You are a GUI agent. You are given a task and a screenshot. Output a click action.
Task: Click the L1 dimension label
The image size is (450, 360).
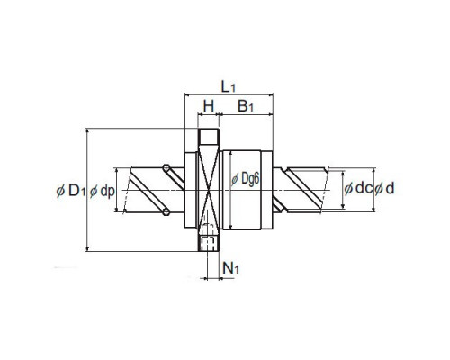(x=229, y=87)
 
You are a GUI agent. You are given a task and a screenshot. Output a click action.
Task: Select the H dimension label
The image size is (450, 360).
(x=209, y=106)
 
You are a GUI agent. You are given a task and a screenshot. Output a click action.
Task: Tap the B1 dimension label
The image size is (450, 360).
(x=246, y=106)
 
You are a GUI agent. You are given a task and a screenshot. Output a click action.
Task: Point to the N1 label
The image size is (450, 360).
(x=230, y=268)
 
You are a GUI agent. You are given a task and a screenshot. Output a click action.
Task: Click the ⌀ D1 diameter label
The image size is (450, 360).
(x=71, y=191)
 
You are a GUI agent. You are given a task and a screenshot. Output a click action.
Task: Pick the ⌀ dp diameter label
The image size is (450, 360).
(x=102, y=191)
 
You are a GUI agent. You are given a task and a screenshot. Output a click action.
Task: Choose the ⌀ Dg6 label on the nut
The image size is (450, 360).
(x=245, y=179)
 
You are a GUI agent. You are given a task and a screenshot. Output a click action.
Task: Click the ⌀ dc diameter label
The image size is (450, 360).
(x=358, y=188)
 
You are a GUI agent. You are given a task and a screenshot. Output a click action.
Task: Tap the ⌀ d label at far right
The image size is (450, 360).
(x=384, y=188)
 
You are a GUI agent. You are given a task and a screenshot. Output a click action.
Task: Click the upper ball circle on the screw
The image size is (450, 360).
(x=166, y=167)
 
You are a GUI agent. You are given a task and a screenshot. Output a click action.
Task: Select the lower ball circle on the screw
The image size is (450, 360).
(x=166, y=212)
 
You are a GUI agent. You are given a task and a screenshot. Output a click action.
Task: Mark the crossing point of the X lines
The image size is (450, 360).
(x=209, y=190)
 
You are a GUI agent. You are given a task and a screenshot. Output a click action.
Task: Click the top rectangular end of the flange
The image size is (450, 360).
(x=209, y=136)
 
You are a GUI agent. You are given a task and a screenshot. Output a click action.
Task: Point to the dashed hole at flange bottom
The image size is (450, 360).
(x=208, y=243)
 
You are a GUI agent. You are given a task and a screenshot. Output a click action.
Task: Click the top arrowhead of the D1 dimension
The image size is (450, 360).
(x=87, y=131)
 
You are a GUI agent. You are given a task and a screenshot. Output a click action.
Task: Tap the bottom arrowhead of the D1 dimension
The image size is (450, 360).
(x=87, y=248)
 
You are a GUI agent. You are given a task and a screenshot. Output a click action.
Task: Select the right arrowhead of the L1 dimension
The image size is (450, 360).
(x=270, y=95)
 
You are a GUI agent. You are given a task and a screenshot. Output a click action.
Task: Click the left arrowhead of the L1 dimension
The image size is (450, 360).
(x=187, y=95)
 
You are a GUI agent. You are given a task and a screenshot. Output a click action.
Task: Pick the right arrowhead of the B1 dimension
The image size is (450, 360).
(x=270, y=114)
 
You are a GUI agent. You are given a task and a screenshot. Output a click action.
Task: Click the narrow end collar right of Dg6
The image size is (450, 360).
(x=266, y=190)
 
